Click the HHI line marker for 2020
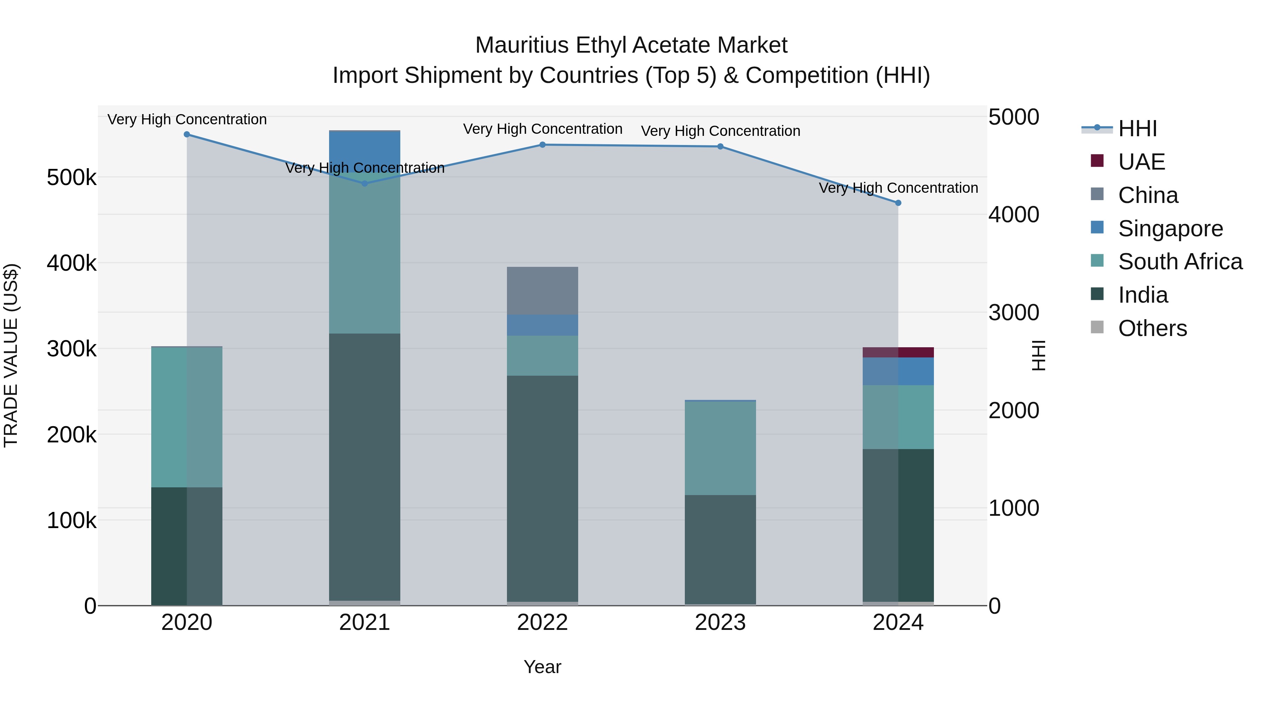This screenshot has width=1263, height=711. point(186,134)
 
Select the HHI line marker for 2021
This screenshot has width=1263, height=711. point(364,184)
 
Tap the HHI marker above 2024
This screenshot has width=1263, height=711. point(898,203)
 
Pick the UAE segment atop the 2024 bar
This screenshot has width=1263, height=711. point(898,352)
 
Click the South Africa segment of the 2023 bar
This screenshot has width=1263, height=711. point(720,448)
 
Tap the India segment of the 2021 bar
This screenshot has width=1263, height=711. point(364,466)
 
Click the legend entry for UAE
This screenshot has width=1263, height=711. point(1141,162)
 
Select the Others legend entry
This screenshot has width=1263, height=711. point(1152,328)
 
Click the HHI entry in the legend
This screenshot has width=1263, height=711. point(1137,129)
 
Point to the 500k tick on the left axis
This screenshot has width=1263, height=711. point(72,178)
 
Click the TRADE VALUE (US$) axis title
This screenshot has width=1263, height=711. point(11,355)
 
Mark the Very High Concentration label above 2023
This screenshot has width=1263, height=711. point(720,131)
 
